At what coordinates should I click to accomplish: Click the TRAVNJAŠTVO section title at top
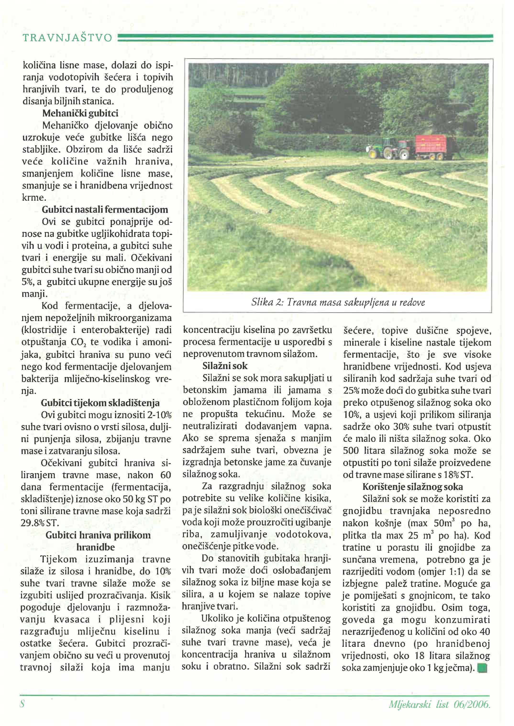point(67,38)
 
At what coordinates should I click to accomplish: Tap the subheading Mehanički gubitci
point(80,113)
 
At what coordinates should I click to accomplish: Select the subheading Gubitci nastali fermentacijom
point(105,210)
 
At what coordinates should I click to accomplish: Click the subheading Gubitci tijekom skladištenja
point(100,403)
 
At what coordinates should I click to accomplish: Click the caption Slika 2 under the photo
point(338,302)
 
